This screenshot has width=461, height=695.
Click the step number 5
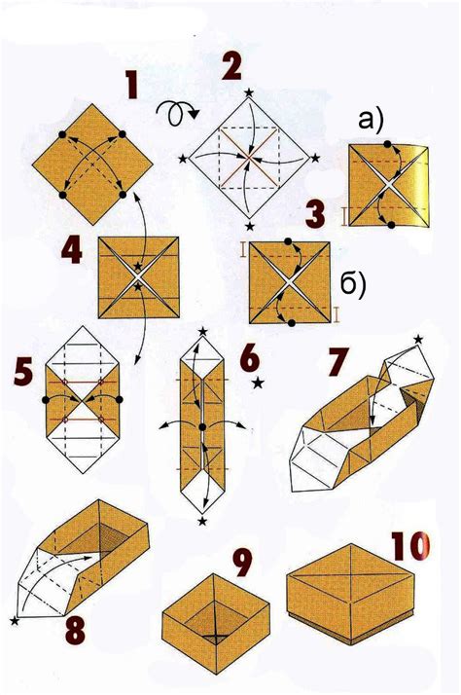22,373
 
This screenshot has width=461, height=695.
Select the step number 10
409,548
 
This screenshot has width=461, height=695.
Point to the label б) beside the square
351,283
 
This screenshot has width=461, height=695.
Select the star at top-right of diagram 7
419,340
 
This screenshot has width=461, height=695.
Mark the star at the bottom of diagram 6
201,522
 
